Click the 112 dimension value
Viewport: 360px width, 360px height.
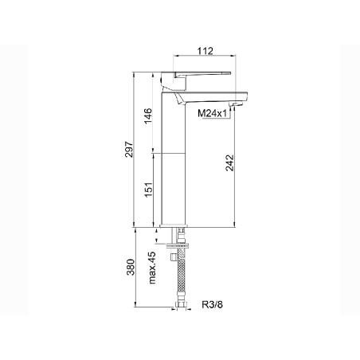click(x=205, y=51)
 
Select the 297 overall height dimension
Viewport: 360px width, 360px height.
click(x=129, y=149)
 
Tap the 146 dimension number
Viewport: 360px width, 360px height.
click(x=147, y=115)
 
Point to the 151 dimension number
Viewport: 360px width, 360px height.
click(x=148, y=189)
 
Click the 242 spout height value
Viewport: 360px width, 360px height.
click(x=229, y=162)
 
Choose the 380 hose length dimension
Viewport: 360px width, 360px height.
click(x=131, y=267)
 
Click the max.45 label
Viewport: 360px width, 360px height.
click(x=152, y=268)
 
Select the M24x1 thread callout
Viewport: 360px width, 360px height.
click(x=212, y=114)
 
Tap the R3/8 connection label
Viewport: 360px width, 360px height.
click(x=213, y=304)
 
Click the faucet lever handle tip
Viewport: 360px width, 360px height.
click(x=230, y=72)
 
